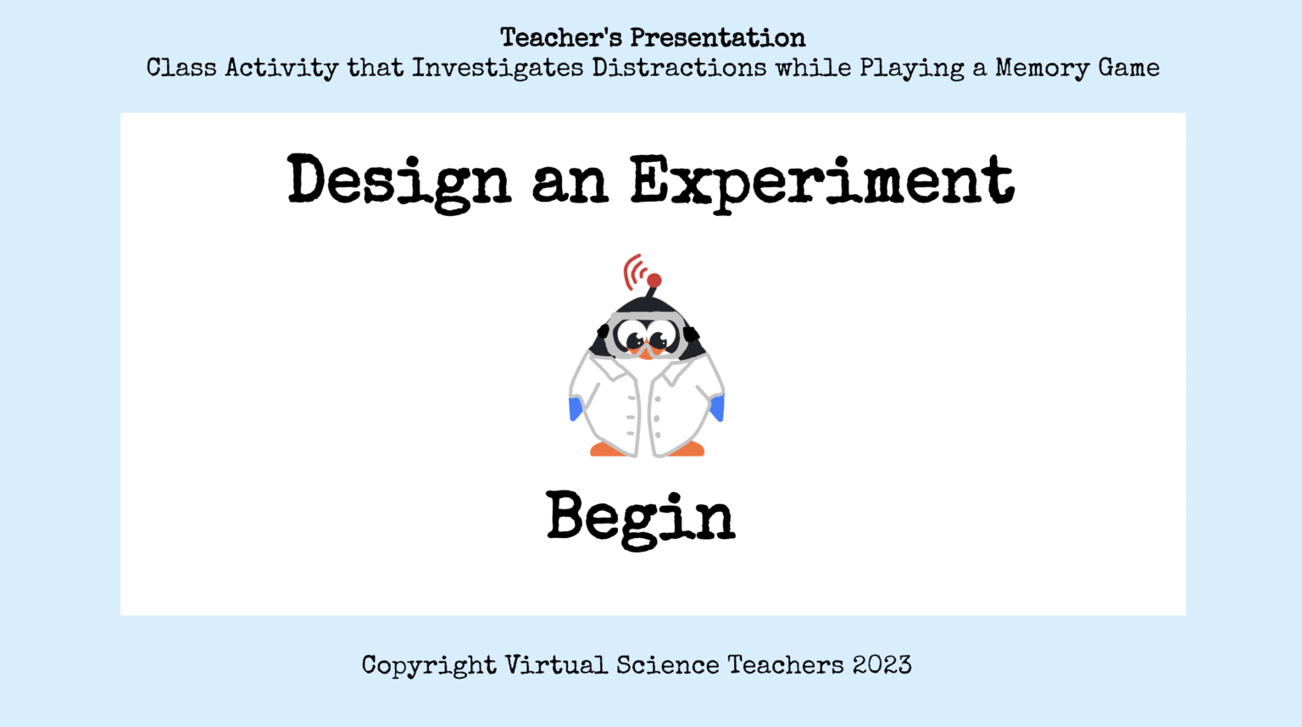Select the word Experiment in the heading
821,181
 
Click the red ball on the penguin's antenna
654,280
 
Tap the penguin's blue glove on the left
576,408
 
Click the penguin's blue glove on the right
718,408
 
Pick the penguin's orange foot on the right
687,449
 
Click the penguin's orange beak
646,351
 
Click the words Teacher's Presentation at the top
652,37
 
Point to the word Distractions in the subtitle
679,68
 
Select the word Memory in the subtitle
1042,68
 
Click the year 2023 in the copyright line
882,665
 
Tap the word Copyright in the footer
428,665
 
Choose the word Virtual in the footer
556,665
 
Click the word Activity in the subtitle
281,68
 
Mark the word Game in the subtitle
1129,68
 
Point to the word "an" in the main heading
570,181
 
